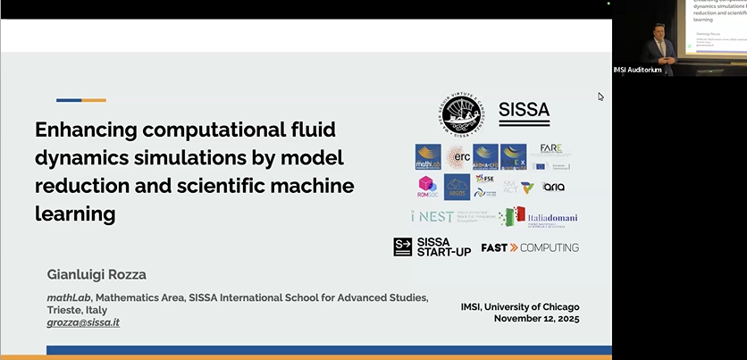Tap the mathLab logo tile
(x=428, y=157)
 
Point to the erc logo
(x=457, y=157)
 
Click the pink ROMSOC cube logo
(x=427, y=187)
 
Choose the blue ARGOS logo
(x=457, y=187)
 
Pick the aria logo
(x=554, y=188)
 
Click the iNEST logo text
(x=432, y=217)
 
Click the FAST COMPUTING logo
(x=530, y=247)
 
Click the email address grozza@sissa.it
(x=83, y=322)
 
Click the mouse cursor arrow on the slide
(x=601, y=96)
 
